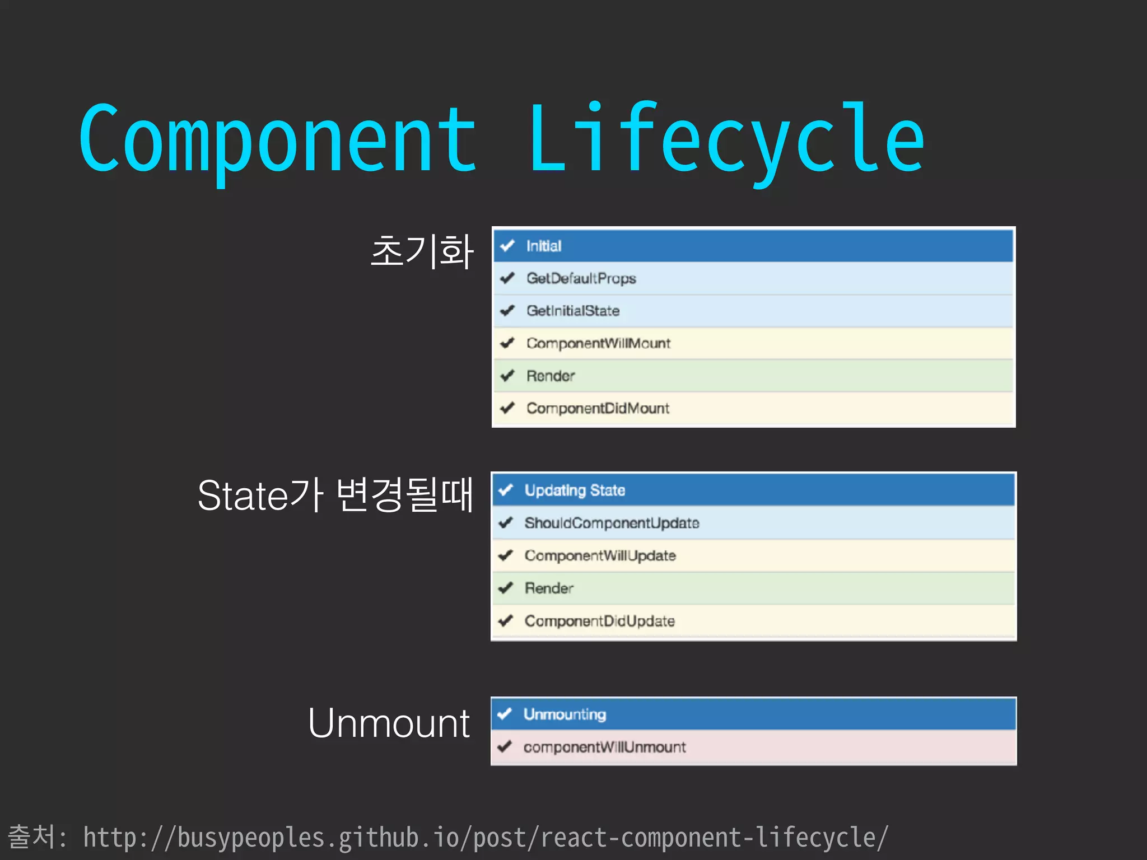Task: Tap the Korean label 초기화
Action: pyautogui.click(x=422, y=251)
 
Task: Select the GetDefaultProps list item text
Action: pyautogui.click(x=581, y=278)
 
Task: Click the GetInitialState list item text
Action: pyautogui.click(x=572, y=311)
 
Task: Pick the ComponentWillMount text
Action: pyautogui.click(x=598, y=343)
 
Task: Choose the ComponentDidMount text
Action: pyautogui.click(x=597, y=408)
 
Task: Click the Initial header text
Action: pyautogui.click(x=543, y=246)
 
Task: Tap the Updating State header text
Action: pyautogui.click(x=574, y=490)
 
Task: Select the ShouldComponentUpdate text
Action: pyautogui.click(x=612, y=523)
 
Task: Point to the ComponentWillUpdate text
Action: pyautogui.click(x=600, y=555)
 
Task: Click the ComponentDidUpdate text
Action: pyautogui.click(x=599, y=621)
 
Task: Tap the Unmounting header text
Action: pyautogui.click(x=565, y=714)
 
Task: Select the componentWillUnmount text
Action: pyautogui.click(x=604, y=747)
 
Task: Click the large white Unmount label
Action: pyautogui.click(x=389, y=723)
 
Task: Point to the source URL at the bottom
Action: pyautogui.click(x=485, y=838)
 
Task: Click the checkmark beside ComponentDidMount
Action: pyautogui.click(x=507, y=408)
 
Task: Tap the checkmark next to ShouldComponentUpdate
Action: pyautogui.click(x=506, y=523)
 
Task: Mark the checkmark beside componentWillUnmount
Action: pyautogui.click(x=505, y=746)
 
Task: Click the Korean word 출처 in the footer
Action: pyautogui.click(x=31, y=836)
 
